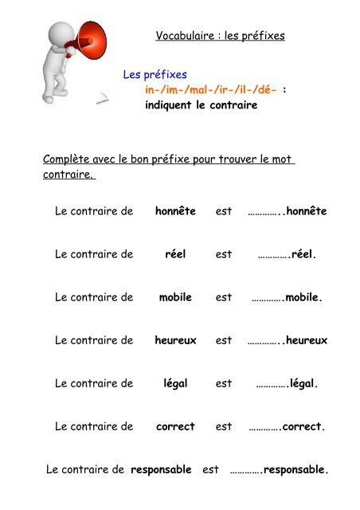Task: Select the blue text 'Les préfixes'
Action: tap(155, 75)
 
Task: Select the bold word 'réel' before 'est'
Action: tap(175, 254)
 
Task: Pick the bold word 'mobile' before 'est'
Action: tap(175, 297)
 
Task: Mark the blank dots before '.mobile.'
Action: tap(267, 298)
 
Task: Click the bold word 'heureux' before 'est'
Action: tap(175, 340)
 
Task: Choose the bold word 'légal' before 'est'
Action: tap(175, 383)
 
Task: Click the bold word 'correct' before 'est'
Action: tap(175, 426)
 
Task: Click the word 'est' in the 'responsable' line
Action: tap(210, 469)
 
